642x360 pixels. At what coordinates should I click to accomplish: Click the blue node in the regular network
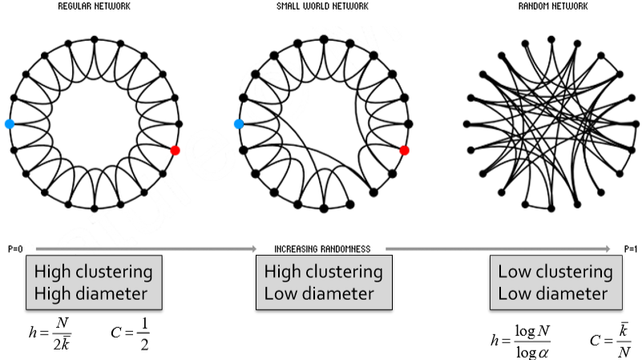tap(10, 123)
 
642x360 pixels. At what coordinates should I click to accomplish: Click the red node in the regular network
tap(175, 150)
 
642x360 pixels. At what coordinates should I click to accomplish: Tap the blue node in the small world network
tap(239, 123)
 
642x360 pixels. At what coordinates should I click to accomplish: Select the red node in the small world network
tap(404, 150)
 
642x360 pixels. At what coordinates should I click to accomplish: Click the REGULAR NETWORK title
tap(94, 6)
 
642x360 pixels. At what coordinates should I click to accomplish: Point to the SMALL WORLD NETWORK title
tap(323, 6)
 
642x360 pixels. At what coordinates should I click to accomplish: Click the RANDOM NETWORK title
tap(553, 6)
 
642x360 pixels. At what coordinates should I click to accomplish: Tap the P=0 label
tap(15, 249)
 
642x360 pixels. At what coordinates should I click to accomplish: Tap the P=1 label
tap(631, 249)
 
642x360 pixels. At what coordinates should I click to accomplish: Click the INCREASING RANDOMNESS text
tap(322, 249)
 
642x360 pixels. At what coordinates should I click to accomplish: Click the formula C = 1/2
tap(130, 334)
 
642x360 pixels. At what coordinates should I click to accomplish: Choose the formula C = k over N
tap(611, 340)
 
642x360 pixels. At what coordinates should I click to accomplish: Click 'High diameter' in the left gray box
tap(91, 293)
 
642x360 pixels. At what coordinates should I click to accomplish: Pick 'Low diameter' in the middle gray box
tap(319, 293)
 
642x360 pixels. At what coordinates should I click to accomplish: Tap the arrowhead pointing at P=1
tap(607, 249)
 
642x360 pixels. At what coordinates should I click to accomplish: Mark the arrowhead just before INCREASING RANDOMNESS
tap(253, 249)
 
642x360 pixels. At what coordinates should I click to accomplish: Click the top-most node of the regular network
tap(94, 39)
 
